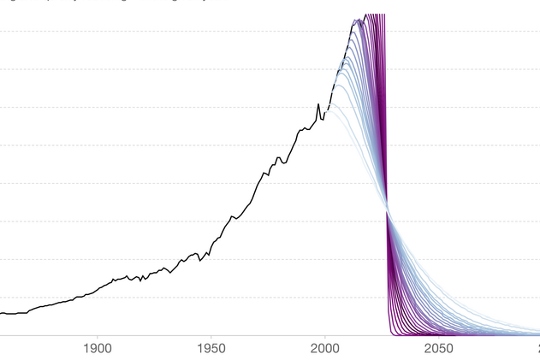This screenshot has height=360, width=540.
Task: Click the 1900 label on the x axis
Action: coord(98,349)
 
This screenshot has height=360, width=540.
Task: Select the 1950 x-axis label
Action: coord(211,349)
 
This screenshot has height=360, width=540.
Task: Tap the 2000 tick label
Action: coord(325,349)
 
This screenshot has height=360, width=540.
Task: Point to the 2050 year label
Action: coord(438,349)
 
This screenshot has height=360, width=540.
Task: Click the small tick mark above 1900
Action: coord(98,338)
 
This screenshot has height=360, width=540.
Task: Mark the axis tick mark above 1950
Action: coord(211,338)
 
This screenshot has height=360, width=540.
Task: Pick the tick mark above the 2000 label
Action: coord(325,338)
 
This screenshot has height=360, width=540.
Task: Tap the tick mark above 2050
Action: coord(438,338)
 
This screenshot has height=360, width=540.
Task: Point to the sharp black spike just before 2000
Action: coord(318,105)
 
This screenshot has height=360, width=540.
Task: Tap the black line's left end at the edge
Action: coord(2,313)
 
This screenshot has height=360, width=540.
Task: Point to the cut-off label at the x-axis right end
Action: coord(537,349)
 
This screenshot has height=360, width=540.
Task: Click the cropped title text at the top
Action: coord(103,3)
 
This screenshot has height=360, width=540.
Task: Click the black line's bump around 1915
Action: coord(128,276)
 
